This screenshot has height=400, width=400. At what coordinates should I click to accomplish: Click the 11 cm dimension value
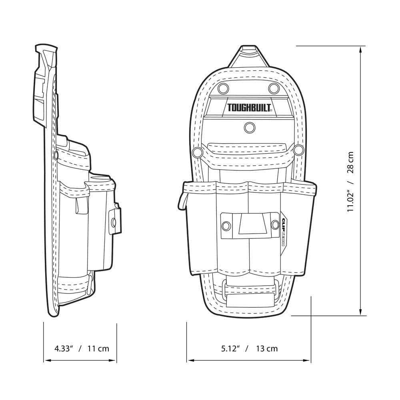pyautogui.click(x=98, y=348)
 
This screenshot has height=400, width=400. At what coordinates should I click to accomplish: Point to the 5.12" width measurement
pyautogui.click(x=230, y=348)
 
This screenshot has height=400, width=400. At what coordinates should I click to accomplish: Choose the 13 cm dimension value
pyautogui.click(x=267, y=348)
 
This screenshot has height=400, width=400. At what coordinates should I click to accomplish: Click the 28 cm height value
pyautogui.click(x=350, y=162)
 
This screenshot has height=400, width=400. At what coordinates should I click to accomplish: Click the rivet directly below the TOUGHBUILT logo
pyautogui.click(x=250, y=127)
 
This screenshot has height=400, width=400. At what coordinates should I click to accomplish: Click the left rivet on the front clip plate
pyautogui.click(x=226, y=226)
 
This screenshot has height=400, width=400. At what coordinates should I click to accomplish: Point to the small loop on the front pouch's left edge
pyautogui.click(x=181, y=200)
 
